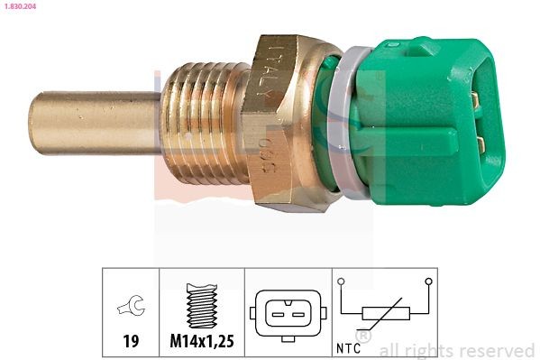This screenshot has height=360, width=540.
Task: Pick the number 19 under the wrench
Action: (x=130, y=343)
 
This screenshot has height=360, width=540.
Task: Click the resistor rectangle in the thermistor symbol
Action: (x=385, y=313)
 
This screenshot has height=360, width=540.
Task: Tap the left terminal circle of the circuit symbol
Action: (x=342, y=282)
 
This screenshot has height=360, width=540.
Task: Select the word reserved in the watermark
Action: (x=499, y=350)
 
